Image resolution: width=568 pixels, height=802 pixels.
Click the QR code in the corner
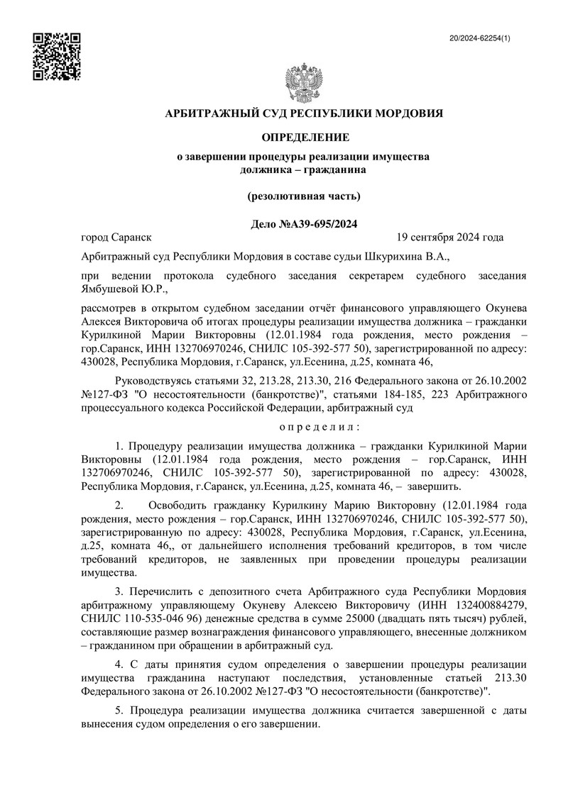click(58, 55)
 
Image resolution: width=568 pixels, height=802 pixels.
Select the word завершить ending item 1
click(434, 486)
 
